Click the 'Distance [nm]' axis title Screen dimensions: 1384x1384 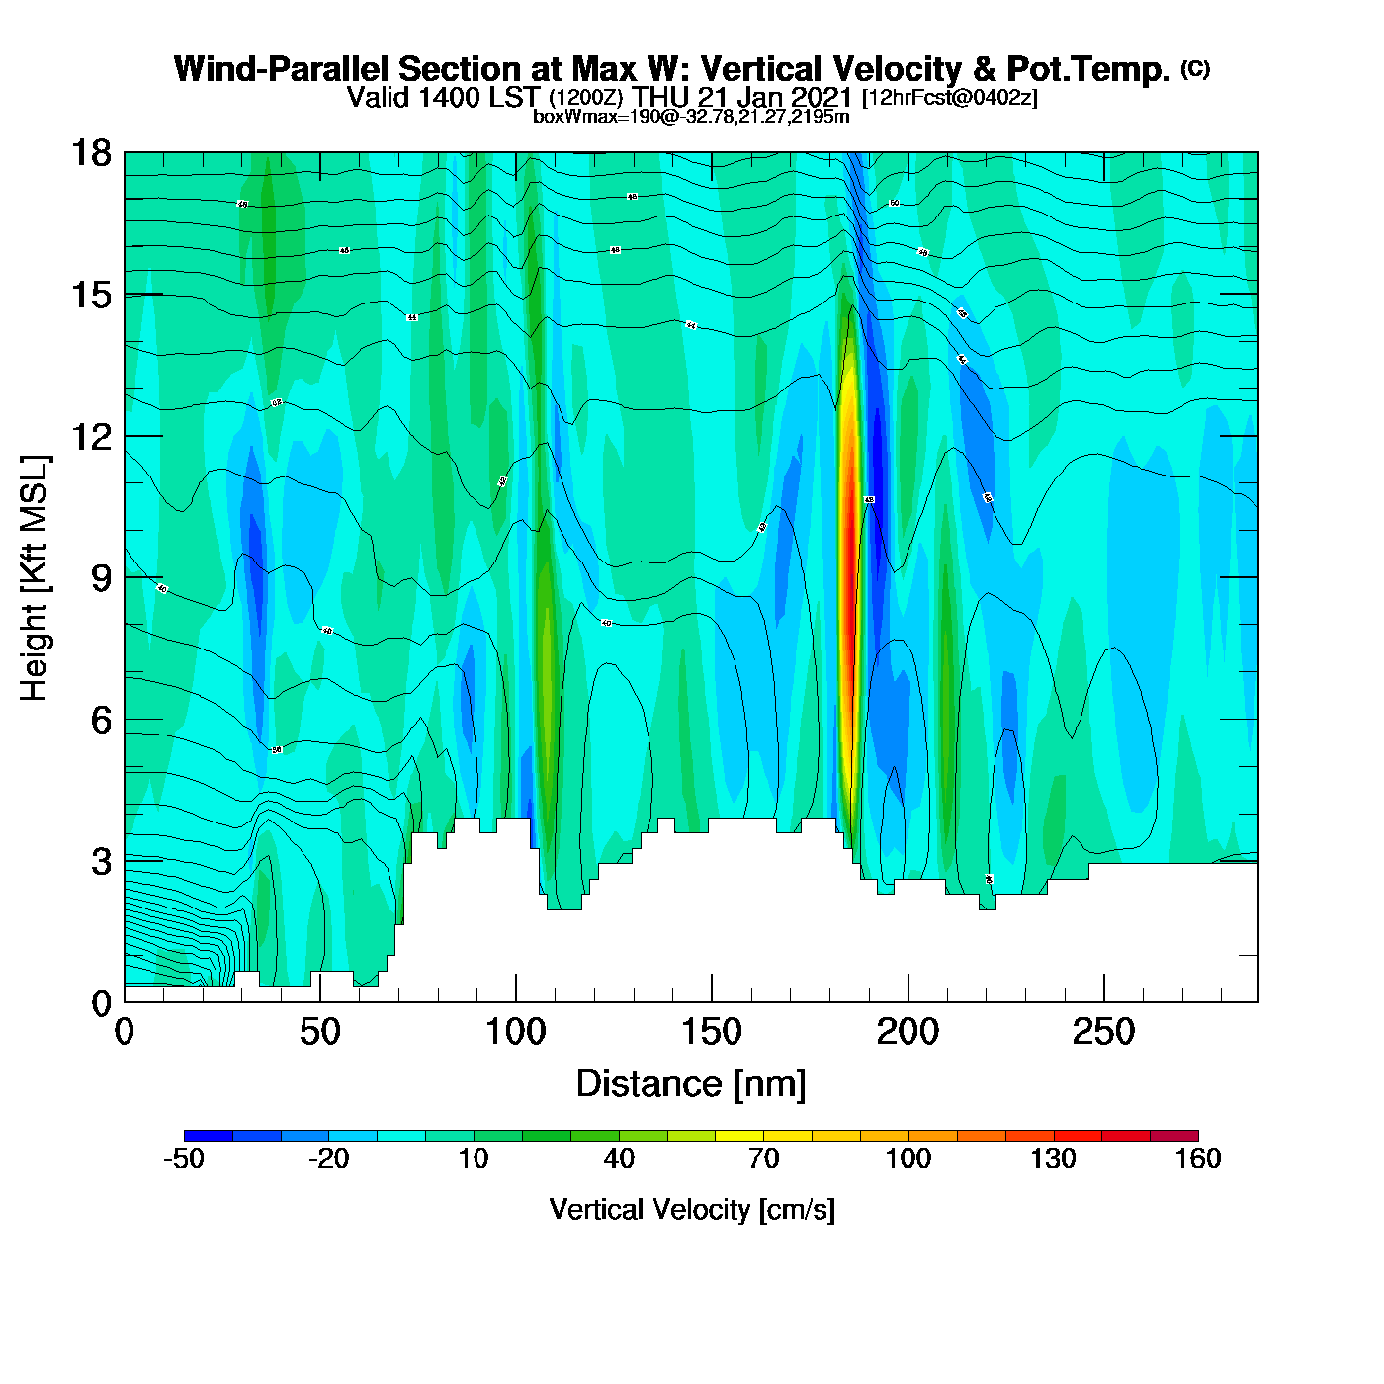click(691, 1084)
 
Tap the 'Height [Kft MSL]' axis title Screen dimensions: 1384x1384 click(36, 578)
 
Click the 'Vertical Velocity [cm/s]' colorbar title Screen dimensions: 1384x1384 click(692, 1210)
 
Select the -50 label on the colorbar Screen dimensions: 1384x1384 click(184, 1159)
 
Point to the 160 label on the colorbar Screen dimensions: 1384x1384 click(1198, 1159)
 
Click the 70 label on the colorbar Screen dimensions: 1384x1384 click(763, 1159)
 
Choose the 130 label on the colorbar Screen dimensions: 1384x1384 click(1053, 1159)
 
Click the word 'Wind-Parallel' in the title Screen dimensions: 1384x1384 click(283, 69)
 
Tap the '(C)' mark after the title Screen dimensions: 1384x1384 click(1195, 68)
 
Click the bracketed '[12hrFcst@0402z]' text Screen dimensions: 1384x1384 click(950, 98)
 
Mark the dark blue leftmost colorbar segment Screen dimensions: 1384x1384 click(209, 1136)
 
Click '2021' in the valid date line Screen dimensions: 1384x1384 click(820, 98)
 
